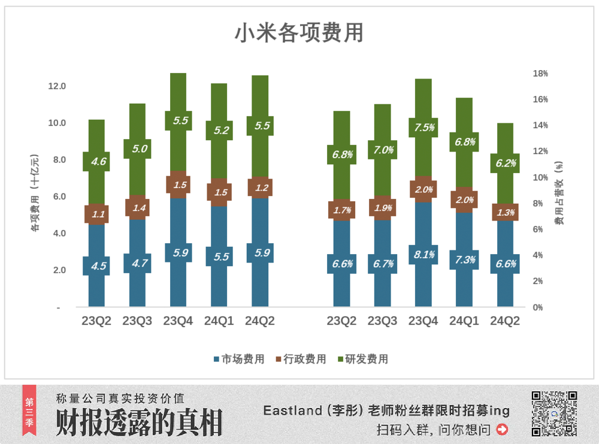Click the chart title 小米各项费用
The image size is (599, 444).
tap(299, 33)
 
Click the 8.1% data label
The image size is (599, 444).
tap(423, 255)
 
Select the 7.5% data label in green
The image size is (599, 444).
tap(423, 127)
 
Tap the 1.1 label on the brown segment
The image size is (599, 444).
tap(97, 214)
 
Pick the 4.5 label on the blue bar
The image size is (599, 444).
tap(97, 266)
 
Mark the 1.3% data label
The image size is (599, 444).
tap(504, 212)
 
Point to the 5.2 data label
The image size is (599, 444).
tap(219, 131)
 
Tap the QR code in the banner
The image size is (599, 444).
tap(554, 413)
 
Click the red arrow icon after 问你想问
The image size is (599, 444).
tap(502, 429)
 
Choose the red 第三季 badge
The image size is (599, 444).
tap(29, 413)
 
